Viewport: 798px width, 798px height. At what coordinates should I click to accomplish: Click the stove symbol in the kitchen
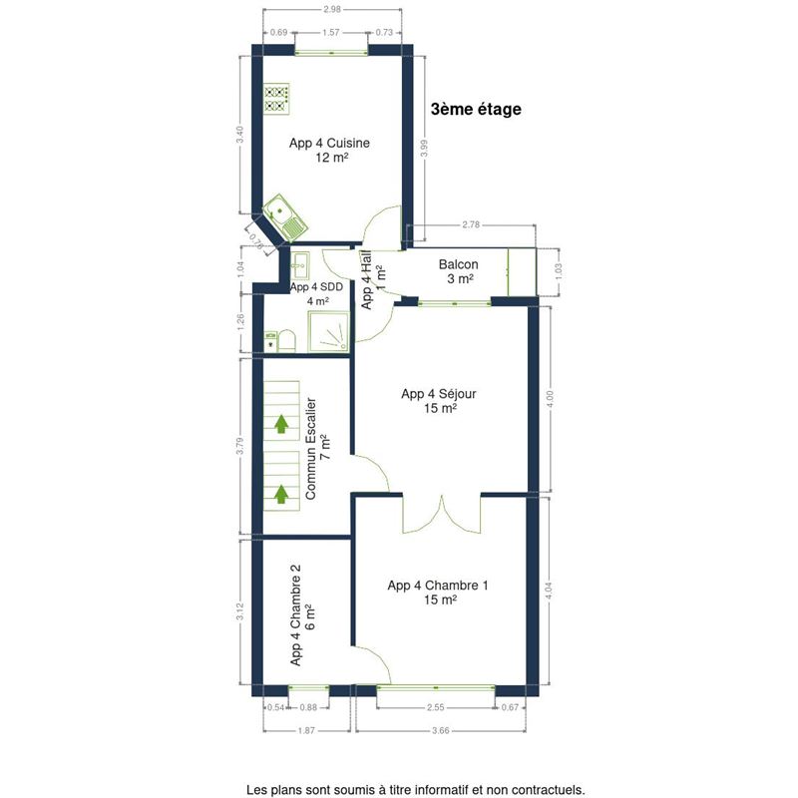[277, 99]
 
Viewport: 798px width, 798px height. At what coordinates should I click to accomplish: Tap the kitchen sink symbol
[285, 217]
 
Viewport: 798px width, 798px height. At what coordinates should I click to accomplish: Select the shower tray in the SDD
[329, 331]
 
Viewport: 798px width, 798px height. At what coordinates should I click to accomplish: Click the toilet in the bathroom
[287, 340]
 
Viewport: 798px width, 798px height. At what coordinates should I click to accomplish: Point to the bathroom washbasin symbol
[300, 264]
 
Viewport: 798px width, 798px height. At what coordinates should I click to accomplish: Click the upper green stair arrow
[281, 423]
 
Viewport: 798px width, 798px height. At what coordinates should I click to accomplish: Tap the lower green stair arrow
[281, 494]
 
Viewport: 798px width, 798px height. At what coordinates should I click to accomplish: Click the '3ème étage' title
[476, 110]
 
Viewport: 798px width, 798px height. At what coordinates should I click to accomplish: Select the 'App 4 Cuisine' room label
[329, 143]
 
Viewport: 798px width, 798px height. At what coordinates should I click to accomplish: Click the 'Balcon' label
[459, 264]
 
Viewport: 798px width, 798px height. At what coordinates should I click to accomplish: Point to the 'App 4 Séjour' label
[439, 394]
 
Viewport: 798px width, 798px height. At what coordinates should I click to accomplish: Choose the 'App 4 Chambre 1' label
[438, 586]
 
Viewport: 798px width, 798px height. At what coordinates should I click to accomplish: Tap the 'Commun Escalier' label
[310, 448]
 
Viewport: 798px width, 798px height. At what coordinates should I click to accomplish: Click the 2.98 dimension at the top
[332, 9]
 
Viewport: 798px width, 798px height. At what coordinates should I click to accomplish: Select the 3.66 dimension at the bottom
[441, 731]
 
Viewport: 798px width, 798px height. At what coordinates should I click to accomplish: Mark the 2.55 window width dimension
[436, 707]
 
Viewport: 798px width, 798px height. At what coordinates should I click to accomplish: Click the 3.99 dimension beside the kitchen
[425, 148]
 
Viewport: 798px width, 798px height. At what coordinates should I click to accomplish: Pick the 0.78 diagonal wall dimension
[256, 241]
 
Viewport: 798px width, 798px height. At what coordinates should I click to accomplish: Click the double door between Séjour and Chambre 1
[441, 514]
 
